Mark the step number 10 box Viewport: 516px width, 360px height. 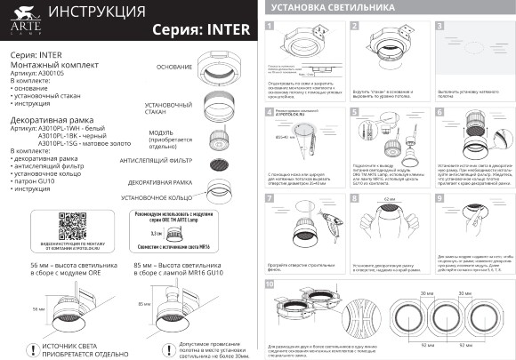pyautogui.click(x=270, y=284)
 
